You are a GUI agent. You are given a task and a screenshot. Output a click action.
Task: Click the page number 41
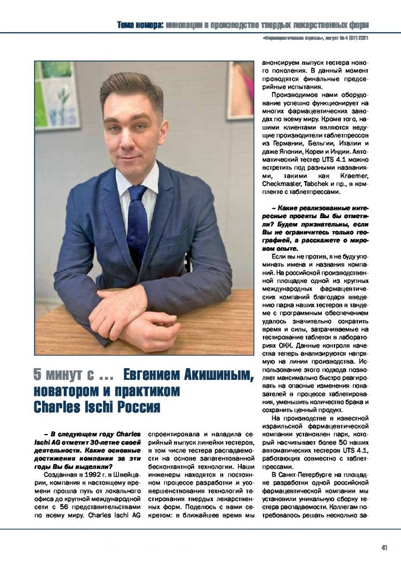(x=384, y=548)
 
